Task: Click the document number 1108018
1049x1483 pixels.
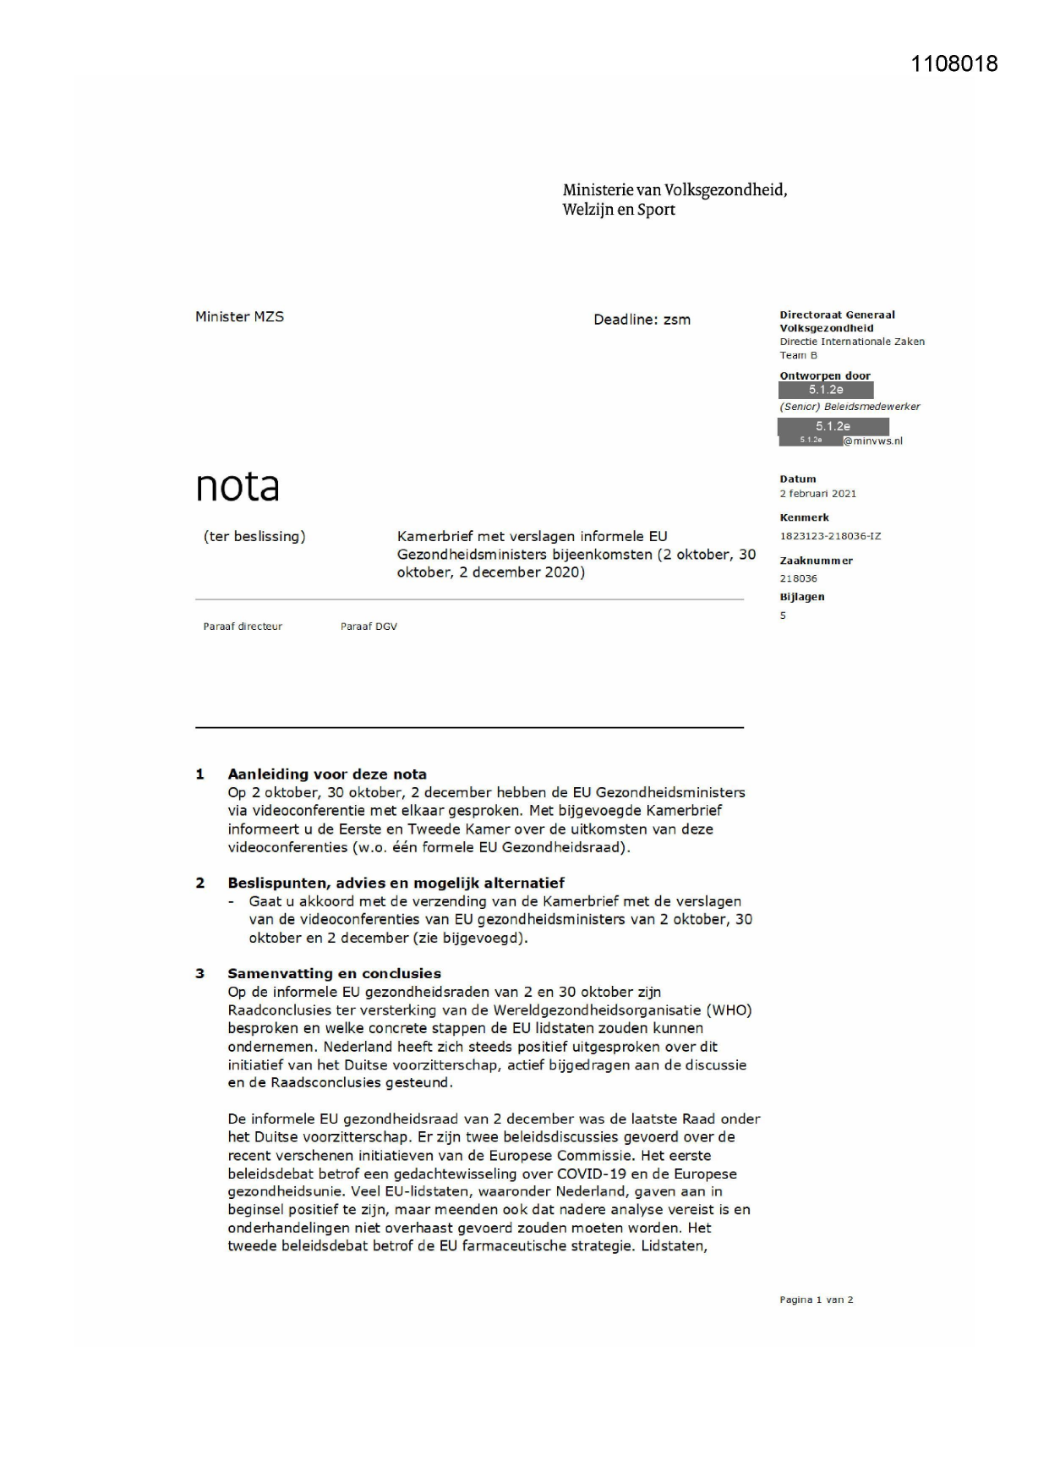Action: (953, 64)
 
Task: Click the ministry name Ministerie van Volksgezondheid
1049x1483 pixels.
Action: (675, 190)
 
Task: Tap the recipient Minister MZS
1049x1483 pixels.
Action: (239, 317)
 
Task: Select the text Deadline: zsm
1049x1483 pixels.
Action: (642, 320)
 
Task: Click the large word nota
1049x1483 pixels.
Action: (238, 486)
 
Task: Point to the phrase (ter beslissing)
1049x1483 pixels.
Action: (254, 537)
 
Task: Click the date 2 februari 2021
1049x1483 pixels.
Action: (817, 494)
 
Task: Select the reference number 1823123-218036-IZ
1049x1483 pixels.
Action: (830, 536)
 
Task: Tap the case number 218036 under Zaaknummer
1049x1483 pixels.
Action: (798, 578)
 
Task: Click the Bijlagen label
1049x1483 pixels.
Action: (801, 597)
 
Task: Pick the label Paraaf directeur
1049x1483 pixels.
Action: (243, 627)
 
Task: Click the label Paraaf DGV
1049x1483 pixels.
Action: (369, 627)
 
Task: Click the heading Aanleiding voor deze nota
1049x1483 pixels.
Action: (327, 774)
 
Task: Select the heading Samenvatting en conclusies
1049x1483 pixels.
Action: (334, 973)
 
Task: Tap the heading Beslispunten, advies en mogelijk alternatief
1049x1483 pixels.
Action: (396, 884)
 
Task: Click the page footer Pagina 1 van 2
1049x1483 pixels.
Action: (816, 1300)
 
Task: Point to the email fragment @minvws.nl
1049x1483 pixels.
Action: (872, 441)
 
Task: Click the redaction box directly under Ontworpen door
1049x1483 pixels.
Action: (826, 391)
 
